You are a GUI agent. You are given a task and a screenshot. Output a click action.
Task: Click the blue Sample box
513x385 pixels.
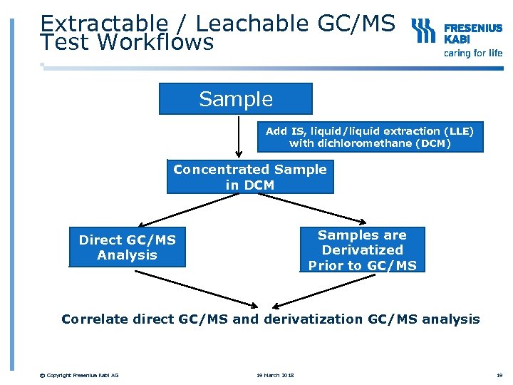(x=235, y=99)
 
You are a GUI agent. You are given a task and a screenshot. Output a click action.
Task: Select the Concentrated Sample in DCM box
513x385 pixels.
(x=250, y=178)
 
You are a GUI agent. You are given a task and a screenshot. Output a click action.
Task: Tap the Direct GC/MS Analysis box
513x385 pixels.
(x=127, y=247)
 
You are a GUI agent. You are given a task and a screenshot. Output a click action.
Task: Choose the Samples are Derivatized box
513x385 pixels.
(x=362, y=250)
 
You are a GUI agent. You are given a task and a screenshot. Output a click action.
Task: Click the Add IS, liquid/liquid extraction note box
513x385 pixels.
(x=369, y=137)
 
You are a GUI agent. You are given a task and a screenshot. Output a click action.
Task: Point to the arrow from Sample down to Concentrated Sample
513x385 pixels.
(x=239, y=135)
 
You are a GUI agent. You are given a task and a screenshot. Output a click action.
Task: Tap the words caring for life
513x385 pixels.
(x=473, y=53)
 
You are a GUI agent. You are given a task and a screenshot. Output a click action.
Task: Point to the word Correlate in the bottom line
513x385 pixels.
(x=92, y=319)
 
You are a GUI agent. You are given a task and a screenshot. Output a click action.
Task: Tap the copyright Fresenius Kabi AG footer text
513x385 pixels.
(x=80, y=376)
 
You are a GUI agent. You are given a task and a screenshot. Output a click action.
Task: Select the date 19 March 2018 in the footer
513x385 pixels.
(x=276, y=376)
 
